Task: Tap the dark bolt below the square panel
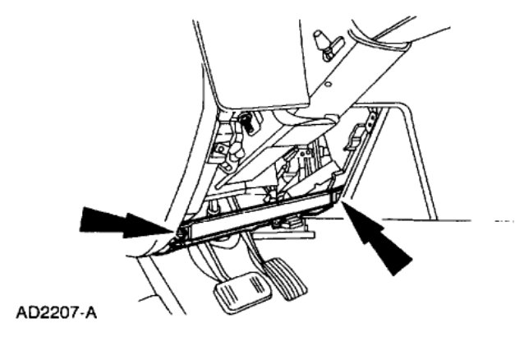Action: [x=245, y=123]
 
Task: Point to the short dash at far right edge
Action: [x=503, y=223]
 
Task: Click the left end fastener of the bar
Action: [x=179, y=238]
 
